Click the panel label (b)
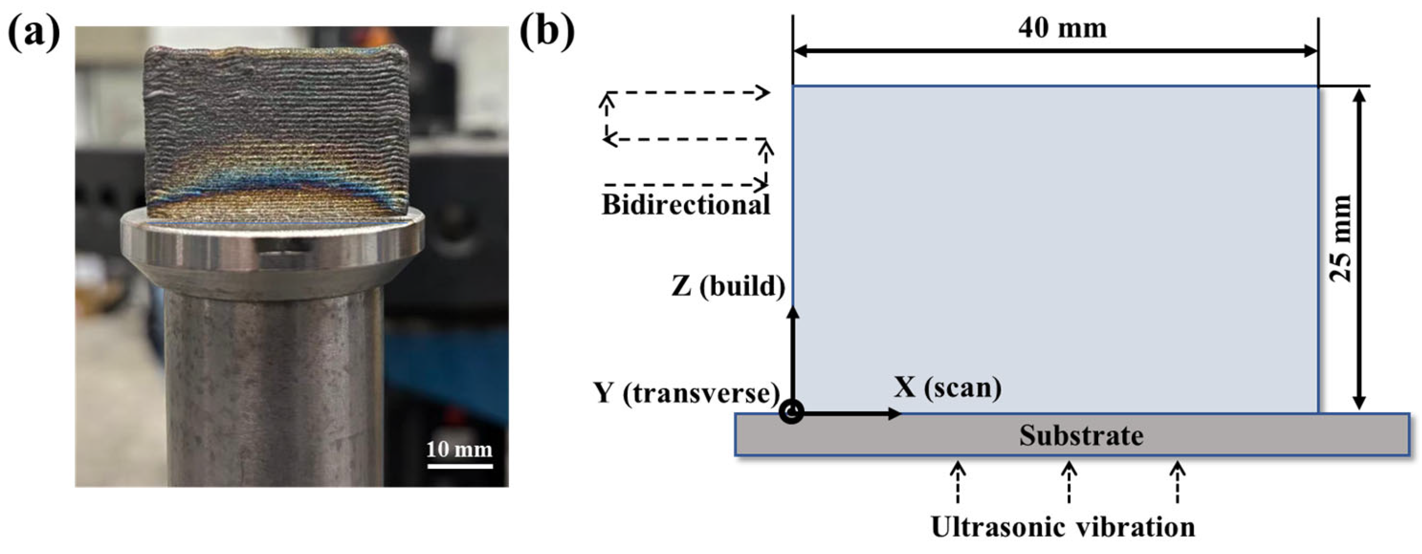[x=547, y=32]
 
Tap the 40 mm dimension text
[x=1062, y=27]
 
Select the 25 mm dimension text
[x=1341, y=238]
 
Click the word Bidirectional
[x=686, y=205]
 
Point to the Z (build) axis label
[x=728, y=286]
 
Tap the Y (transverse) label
[x=687, y=394]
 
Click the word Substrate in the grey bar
[x=1081, y=435]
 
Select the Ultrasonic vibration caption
[x=1063, y=527]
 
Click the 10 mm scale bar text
[x=459, y=449]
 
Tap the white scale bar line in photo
[x=459, y=466]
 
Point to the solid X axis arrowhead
[x=893, y=413]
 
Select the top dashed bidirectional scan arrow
[x=687, y=93]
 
